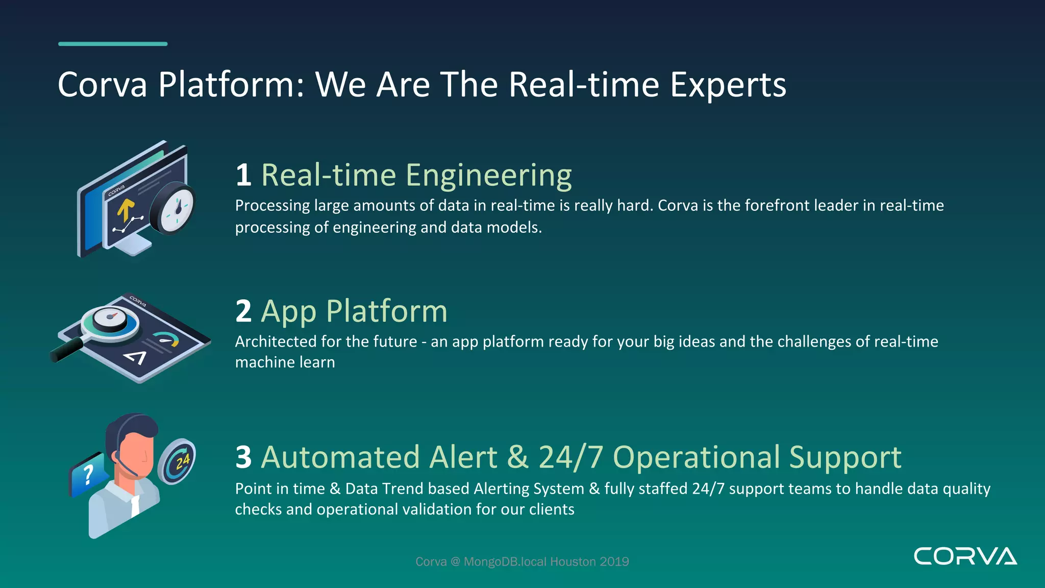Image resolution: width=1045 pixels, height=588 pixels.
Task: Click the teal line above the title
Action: click(113, 44)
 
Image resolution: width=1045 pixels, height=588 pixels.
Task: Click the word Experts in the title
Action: click(728, 85)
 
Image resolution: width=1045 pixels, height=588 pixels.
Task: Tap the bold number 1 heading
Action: click(243, 175)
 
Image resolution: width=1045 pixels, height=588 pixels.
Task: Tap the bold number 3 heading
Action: click(243, 457)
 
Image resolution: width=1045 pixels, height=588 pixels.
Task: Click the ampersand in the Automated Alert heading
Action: click(517, 457)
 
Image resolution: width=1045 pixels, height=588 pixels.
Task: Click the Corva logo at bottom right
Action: click(965, 556)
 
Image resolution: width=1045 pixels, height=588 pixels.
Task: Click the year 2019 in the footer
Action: click(614, 562)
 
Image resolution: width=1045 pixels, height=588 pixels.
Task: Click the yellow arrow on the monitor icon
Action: click(126, 210)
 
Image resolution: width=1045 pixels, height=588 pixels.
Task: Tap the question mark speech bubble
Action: click(88, 475)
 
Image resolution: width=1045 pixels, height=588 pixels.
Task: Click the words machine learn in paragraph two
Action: click(285, 362)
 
